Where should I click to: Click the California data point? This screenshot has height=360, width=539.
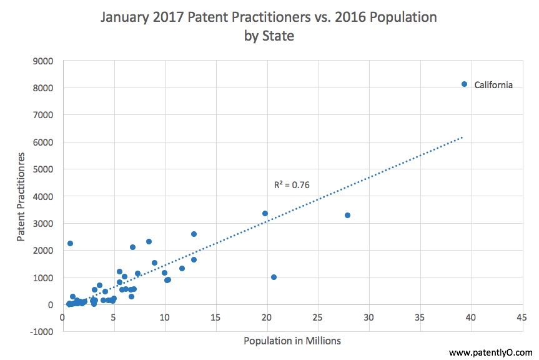(x=464, y=84)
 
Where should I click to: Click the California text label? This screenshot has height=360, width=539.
(x=493, y=85)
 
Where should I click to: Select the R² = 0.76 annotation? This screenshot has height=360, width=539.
(x=292, y=185)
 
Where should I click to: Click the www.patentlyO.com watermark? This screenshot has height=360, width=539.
(x=490, y=352)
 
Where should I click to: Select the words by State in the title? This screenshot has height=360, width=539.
(x=269, y=36)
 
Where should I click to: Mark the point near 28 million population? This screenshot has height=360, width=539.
(x=347, y=215)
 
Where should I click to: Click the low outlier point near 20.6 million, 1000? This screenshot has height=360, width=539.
(x=274, y=277)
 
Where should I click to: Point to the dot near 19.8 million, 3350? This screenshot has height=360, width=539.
(x=265, y=213)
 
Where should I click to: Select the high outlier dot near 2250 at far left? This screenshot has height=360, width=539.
(x=70, y=243)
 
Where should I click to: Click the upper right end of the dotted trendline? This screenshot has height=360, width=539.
(x=462, y=137)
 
